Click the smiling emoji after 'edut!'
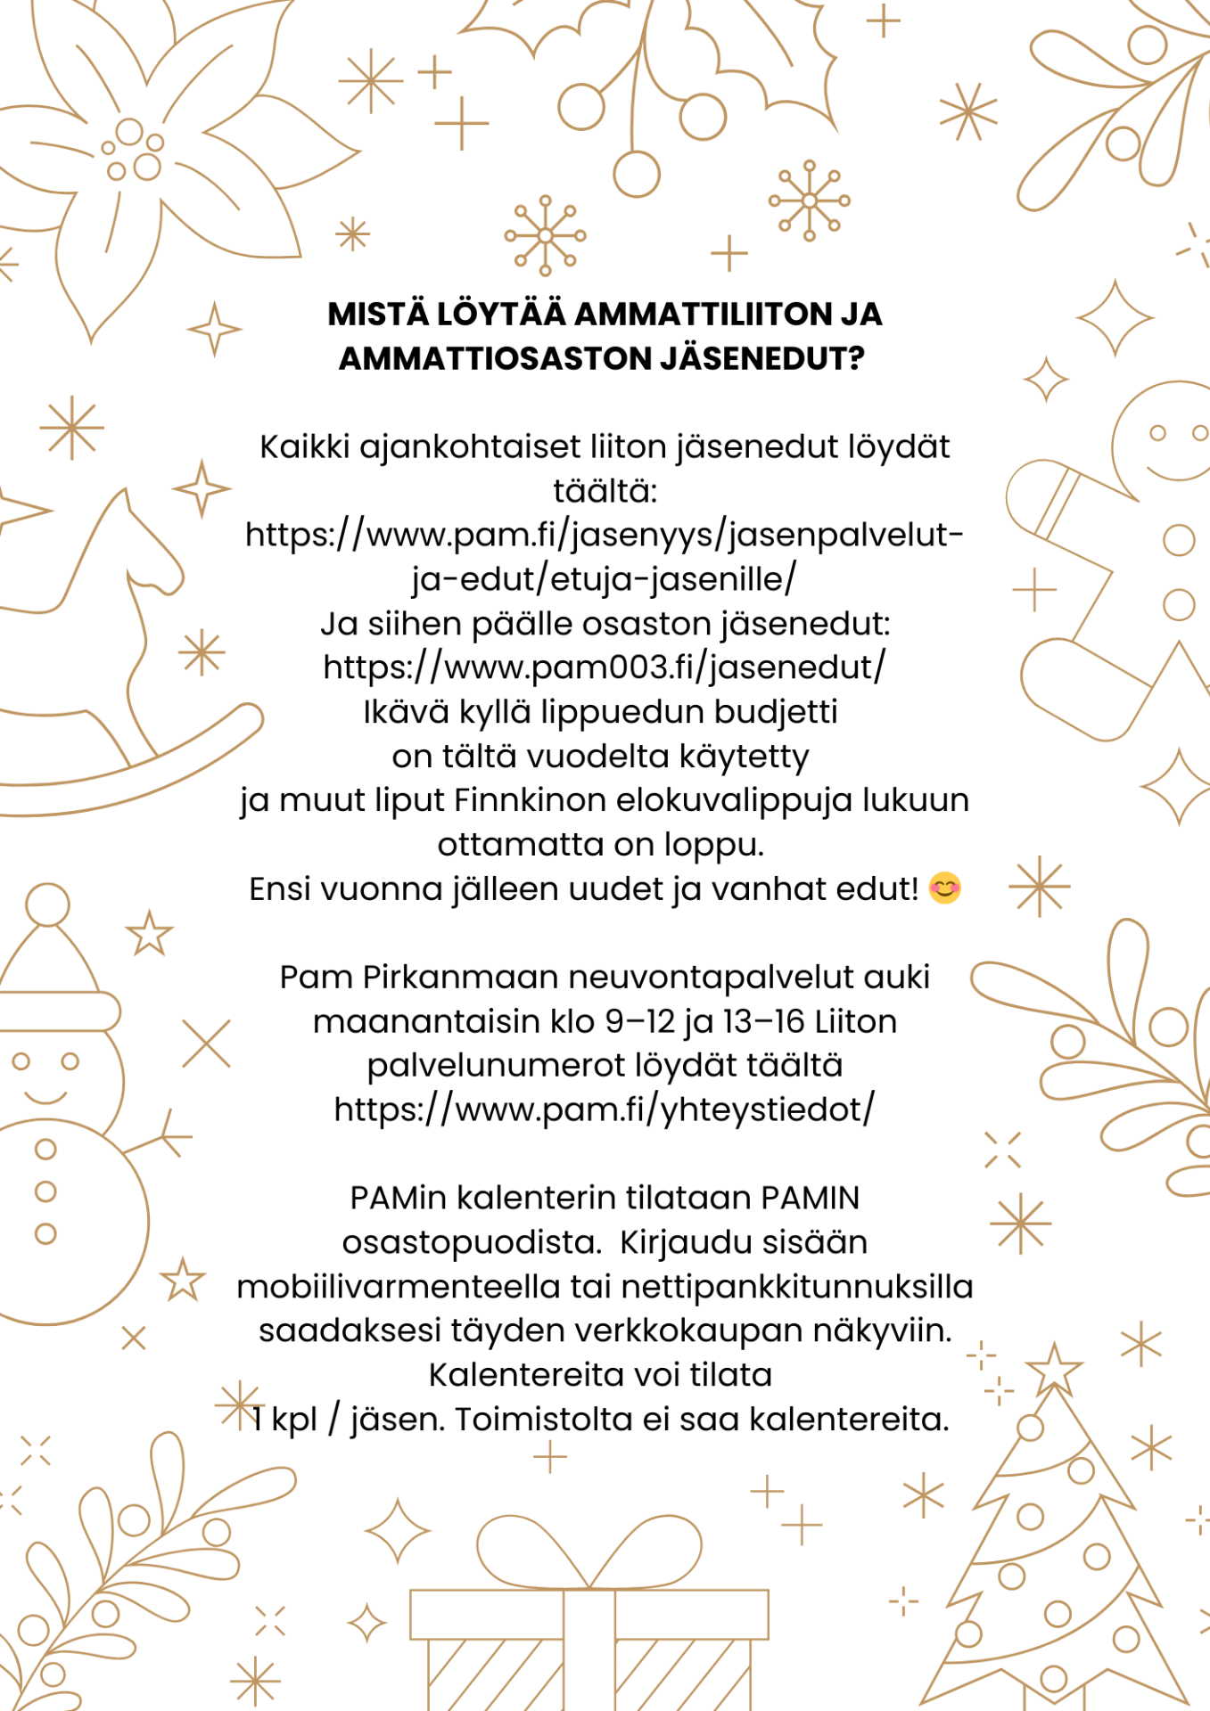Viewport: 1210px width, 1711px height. pyautogui.click(x=945, y=888)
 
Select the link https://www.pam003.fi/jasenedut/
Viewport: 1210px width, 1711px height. pyautogui.click(x=605, y=667)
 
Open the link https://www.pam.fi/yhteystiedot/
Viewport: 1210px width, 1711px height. pyautogui.click(x=605, y=1109)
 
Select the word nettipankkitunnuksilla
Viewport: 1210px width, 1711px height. pyautogui.click(x=797, y=1287)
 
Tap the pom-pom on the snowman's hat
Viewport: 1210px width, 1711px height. pyautogui.click(x=47, y=905)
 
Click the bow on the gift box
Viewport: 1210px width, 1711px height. pyautogui.click(x=589, y=1551)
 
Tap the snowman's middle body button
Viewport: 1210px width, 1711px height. pyautogui.click(x=45, y=1191)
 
